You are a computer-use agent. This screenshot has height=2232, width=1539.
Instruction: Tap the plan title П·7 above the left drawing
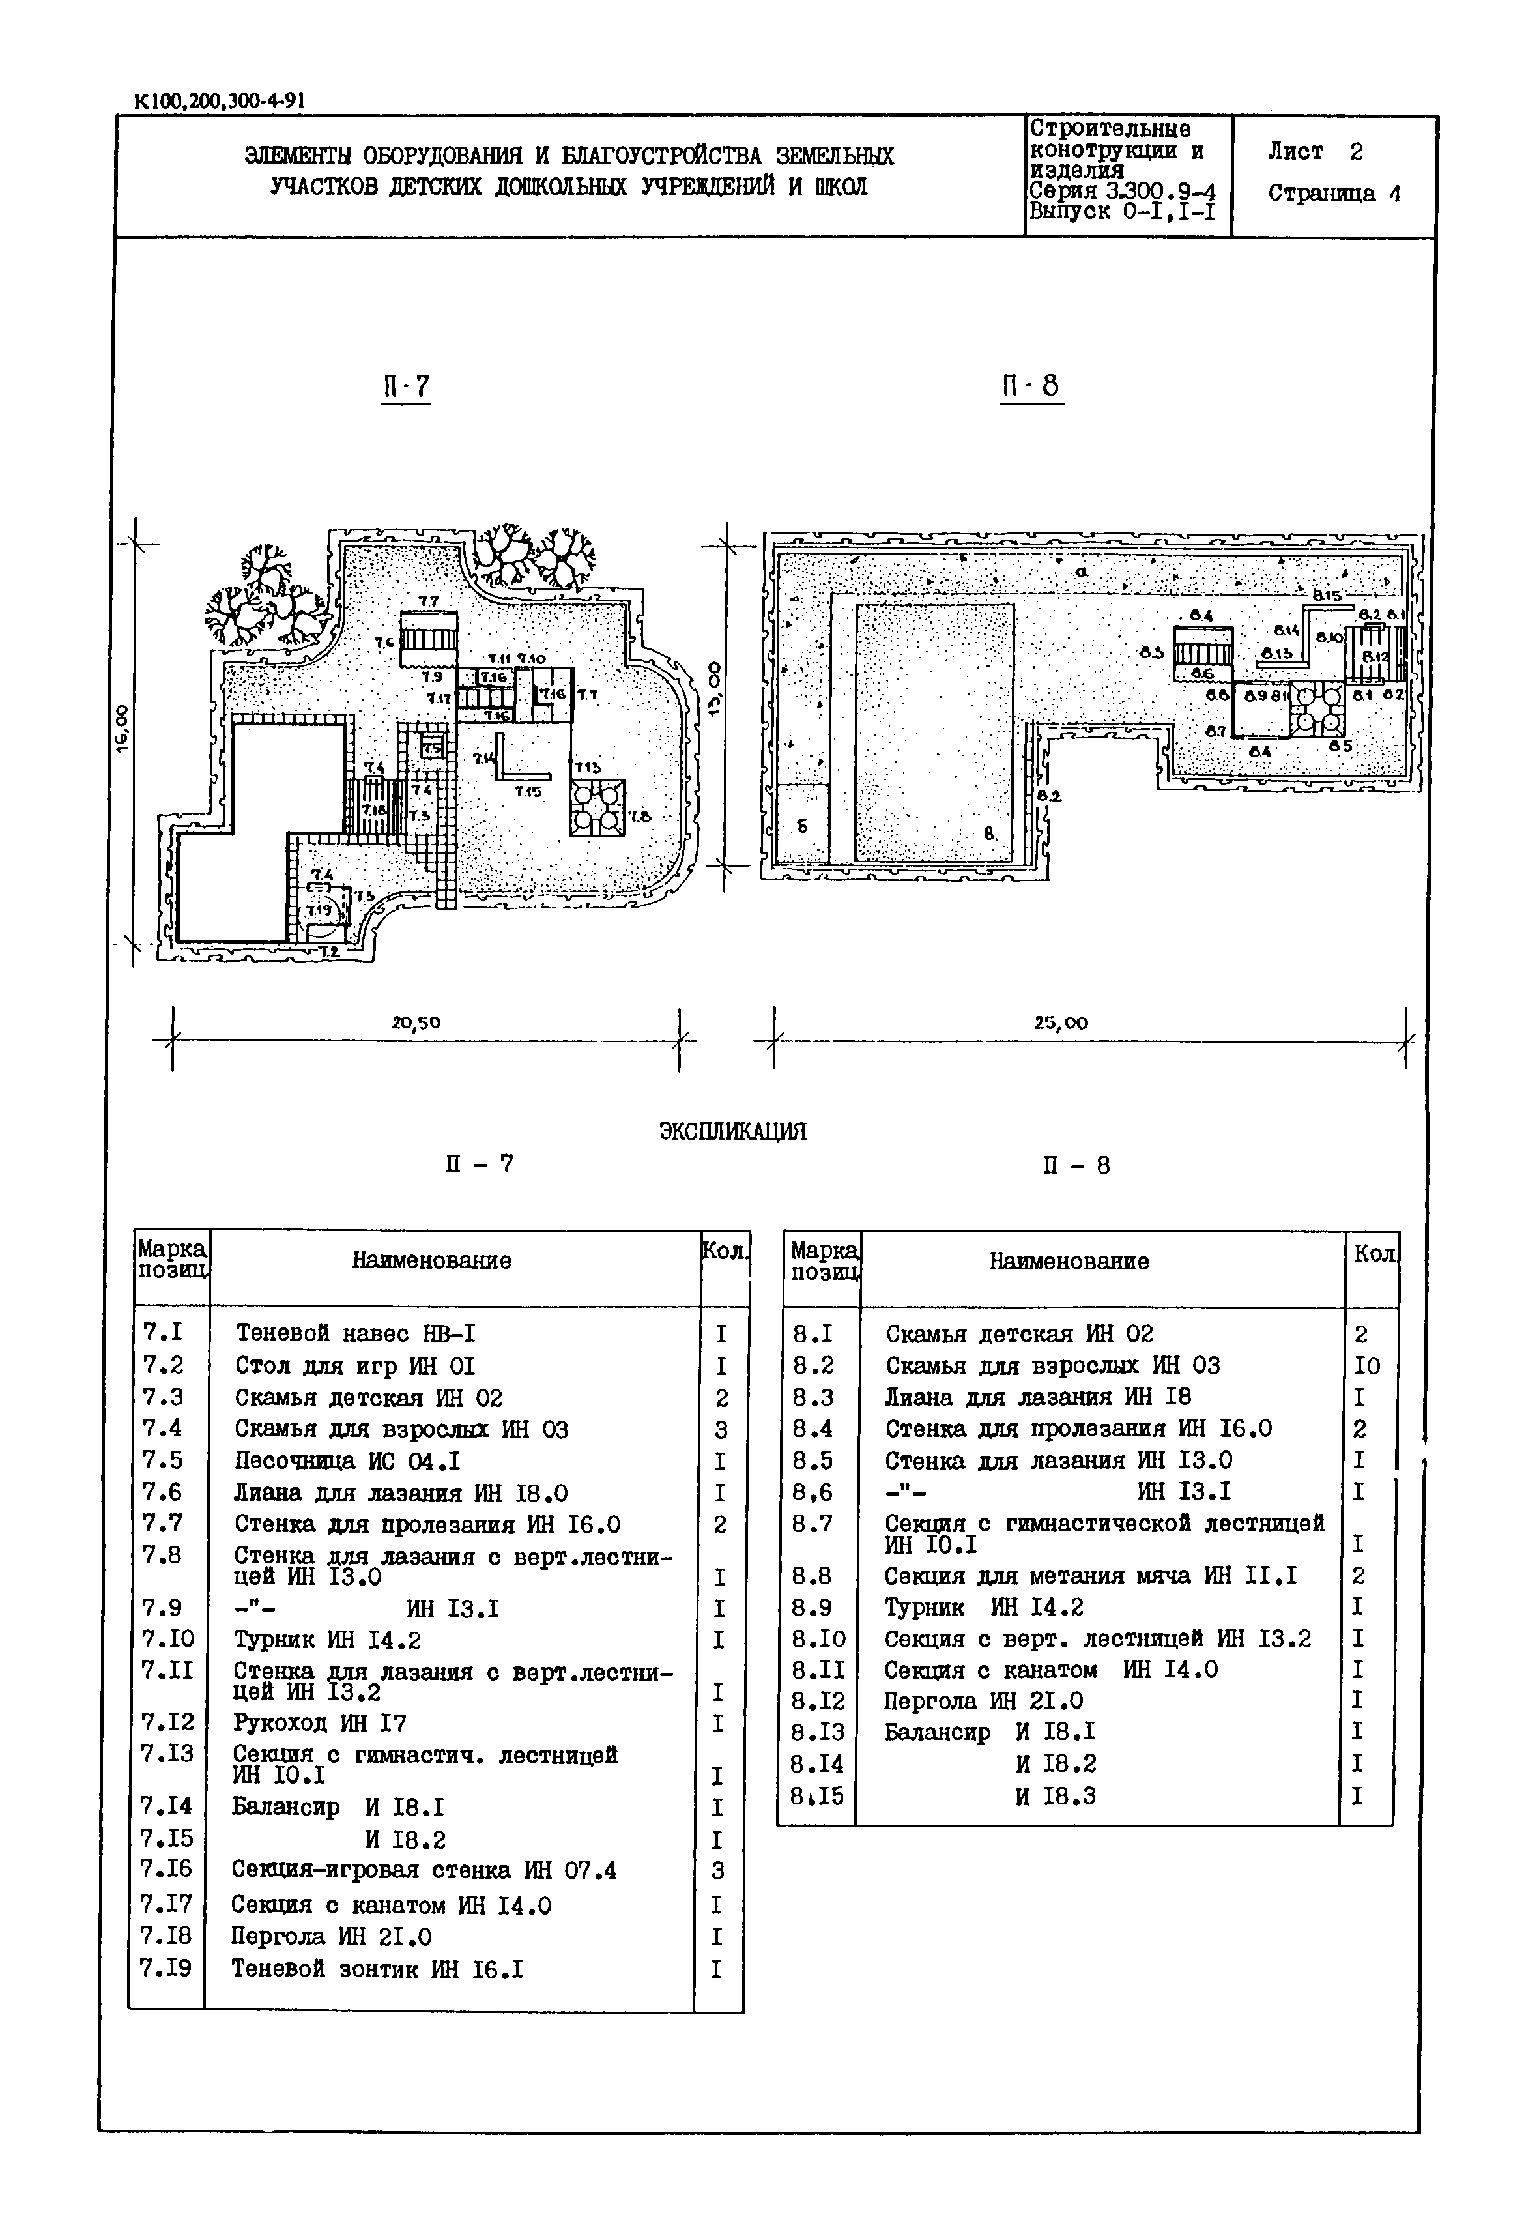[405, 387]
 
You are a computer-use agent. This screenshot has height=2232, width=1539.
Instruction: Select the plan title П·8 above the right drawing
[1030, 387]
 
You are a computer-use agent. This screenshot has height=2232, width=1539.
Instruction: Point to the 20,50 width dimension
[416, 1022]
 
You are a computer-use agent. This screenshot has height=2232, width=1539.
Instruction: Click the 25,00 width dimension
[1061, 1022]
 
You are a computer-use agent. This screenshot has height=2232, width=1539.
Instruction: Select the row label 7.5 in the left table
[162, 1460]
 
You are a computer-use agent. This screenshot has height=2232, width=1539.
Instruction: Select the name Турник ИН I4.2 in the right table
[984, 1607]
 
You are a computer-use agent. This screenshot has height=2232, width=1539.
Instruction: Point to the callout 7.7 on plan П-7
[428, 602]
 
